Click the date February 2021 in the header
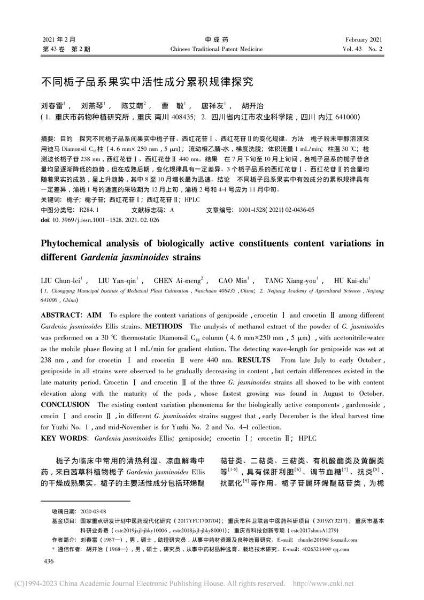[x=364, y=40]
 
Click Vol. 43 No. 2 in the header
[x=363, y=49]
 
